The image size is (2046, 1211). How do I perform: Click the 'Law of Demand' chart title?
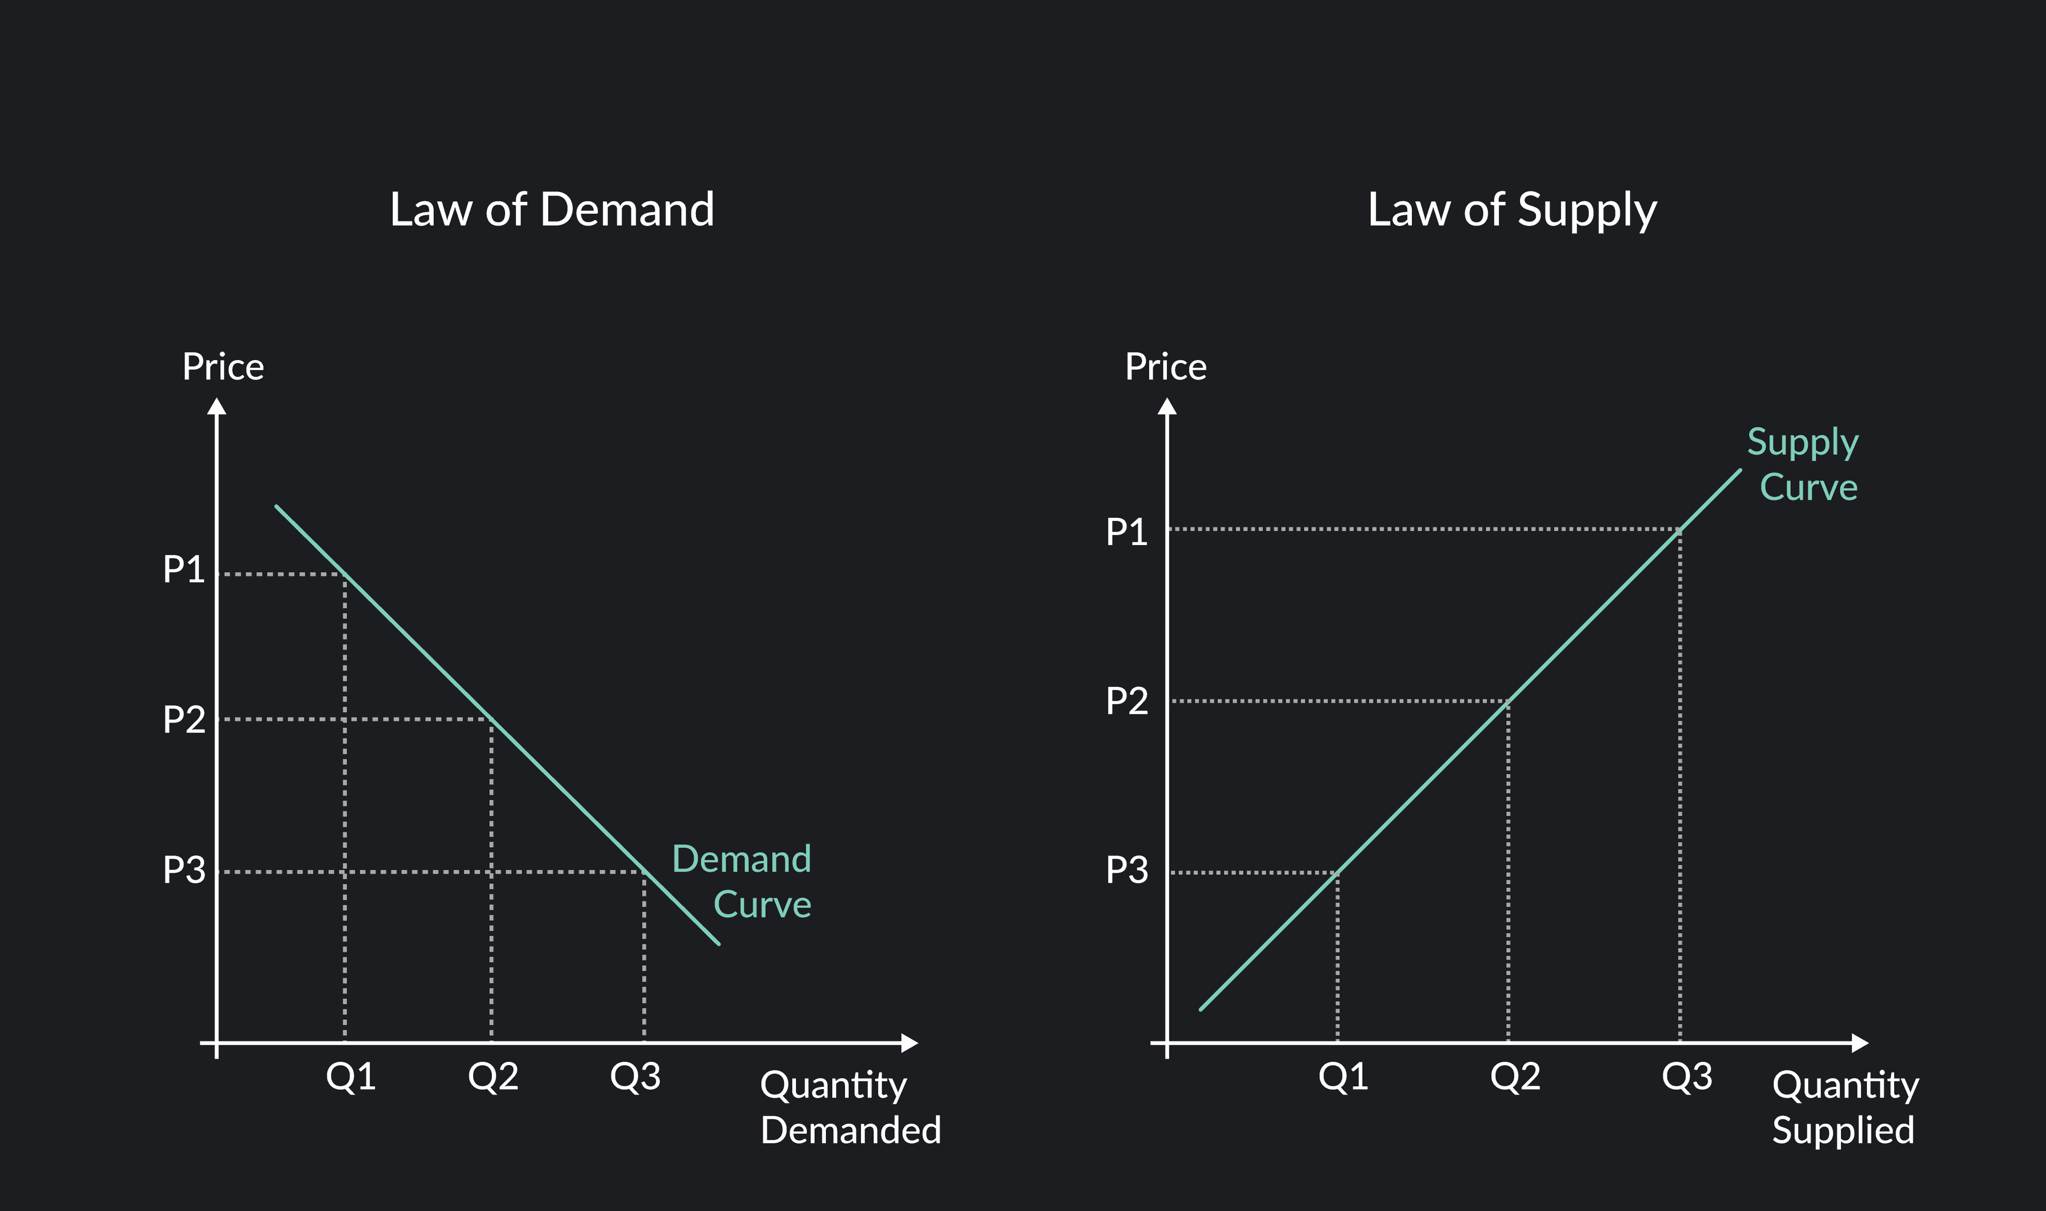pos(551,210)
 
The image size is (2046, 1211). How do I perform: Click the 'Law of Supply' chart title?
pos(1512,210)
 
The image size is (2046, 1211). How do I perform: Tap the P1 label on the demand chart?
pos(184,570)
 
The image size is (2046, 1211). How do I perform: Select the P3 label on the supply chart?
pos(1126,870)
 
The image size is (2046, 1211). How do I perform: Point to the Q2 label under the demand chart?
pos(492,1076)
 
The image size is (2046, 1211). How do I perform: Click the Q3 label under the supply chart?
pos(1686,1076)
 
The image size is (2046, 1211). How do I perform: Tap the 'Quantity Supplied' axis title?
pos(1845,1107)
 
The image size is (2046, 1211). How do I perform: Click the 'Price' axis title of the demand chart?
pos(223,367)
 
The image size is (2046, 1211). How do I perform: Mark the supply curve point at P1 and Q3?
pos(1679,529)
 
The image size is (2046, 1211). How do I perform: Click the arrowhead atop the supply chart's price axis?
pos(1167,407)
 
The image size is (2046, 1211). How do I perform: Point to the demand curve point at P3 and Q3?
pos(644,872)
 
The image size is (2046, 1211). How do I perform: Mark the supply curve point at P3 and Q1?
pos(1337,872)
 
